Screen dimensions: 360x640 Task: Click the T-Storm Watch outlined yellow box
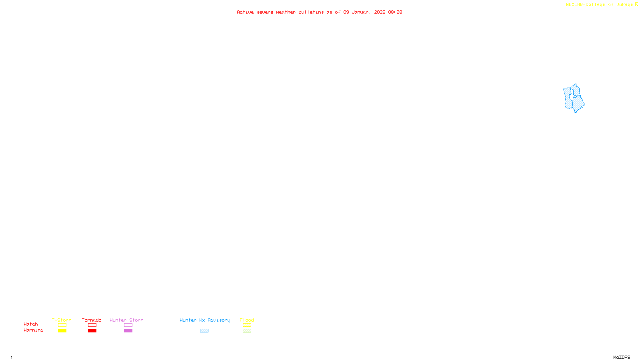62,325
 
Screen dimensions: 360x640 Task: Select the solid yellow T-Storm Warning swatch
62,331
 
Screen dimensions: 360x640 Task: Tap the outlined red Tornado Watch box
92,325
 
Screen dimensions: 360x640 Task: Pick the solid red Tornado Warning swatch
92,331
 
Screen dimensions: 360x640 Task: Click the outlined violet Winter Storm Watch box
128,325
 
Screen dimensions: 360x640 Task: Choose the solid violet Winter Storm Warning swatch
128,331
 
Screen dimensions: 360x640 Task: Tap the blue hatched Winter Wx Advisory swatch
204,331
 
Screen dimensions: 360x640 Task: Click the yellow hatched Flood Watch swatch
247,325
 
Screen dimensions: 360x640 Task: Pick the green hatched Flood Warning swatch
247,331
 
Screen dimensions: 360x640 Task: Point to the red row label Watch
31,324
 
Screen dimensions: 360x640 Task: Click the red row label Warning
33,330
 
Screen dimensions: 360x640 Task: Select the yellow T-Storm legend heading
62,320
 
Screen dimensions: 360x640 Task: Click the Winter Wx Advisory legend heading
205,320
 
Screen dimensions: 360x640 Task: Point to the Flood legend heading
247,320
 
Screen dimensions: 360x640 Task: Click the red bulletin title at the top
319,12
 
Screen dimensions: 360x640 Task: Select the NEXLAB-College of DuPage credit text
599,5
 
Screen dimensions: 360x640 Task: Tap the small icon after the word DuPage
636,4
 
